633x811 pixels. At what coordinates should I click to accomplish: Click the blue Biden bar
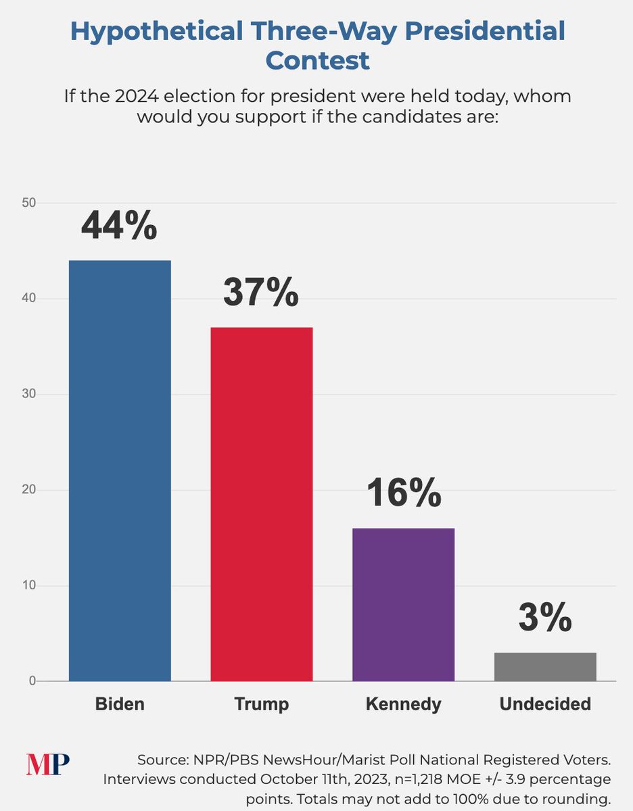120,470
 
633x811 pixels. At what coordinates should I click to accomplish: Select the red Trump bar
262,504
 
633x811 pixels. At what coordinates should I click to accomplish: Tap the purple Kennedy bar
403,604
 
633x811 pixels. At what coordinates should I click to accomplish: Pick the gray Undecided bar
545,666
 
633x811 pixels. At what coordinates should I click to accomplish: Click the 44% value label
119,226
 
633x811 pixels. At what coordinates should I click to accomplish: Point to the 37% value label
261,293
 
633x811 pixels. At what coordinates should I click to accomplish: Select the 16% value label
404,493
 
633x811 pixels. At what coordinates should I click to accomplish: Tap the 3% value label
545,618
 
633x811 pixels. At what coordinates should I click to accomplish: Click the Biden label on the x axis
120,704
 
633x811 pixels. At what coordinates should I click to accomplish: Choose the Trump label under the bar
262,704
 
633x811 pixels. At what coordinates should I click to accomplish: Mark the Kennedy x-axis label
403,704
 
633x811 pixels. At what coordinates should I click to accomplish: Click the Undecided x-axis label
545,704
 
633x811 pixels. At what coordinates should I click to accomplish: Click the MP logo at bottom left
48,764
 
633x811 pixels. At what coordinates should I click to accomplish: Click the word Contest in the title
317,61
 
